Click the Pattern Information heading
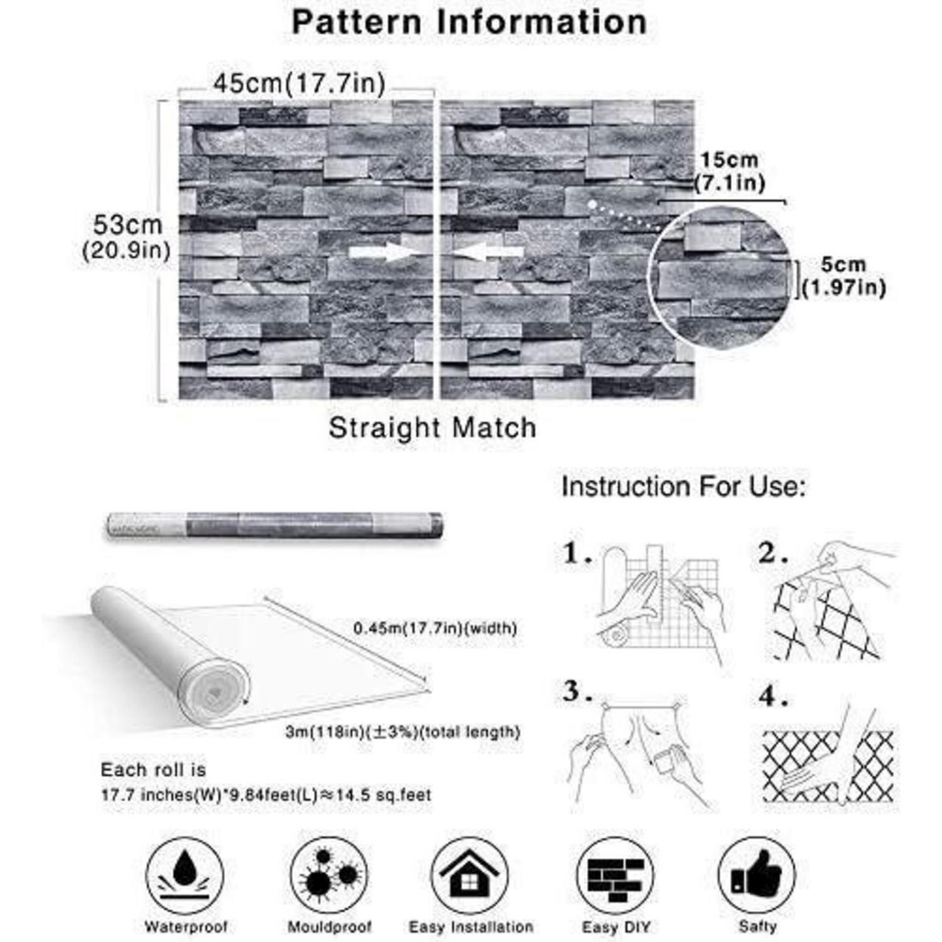coord(469,22)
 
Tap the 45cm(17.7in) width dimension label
coord(299,84)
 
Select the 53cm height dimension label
coord(127,237)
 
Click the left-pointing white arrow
coord(488,252)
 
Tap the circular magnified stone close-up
coord(720,276)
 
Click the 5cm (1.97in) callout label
coord(843,276)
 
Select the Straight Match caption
coord(433,428)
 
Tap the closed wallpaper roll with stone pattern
coord(274,525)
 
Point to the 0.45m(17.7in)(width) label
coord(435,628)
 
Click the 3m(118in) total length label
coord(403,732)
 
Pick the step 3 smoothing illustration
coord(641,750)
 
